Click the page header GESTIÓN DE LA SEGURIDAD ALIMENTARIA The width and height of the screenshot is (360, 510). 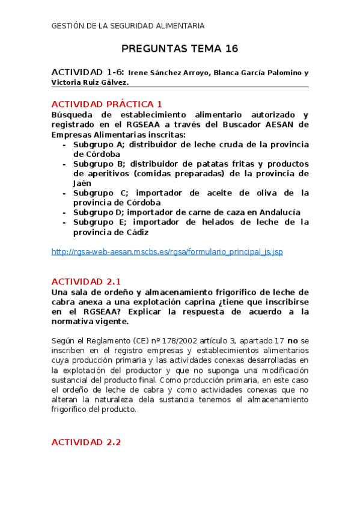click(x=128, y=26)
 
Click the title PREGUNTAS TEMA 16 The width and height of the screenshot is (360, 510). click(x=180, y=49)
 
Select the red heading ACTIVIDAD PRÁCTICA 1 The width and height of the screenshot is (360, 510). click(x=107, y=104)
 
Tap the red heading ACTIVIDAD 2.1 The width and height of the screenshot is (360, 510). click(x=87, y=281)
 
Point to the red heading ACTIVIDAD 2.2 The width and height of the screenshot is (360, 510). click(x=87, y=442)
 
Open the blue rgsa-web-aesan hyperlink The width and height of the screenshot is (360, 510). click(x=167, y=252)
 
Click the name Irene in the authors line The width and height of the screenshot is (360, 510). click(x=139, y=73)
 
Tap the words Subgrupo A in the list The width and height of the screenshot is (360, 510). click(x=99, y=144)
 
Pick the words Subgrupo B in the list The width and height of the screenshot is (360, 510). click(x=99, y=164)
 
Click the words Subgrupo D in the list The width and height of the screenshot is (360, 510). click(x=98, y=212)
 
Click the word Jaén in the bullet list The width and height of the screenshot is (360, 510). click(x=83, y=183)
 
